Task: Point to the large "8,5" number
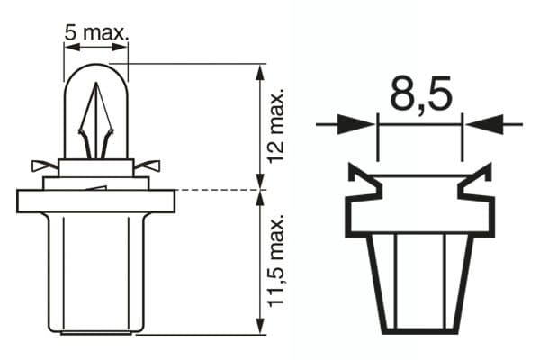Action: click(419, 94)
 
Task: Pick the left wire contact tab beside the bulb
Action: click(43, 166)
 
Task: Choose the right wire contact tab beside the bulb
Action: click(149, 166)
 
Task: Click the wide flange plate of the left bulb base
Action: click(96, 201)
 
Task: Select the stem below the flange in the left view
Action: click(96, 270)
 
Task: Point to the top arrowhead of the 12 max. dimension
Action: click(261, 72)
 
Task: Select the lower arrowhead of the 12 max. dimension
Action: click(261, 182)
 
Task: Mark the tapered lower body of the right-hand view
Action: click(419, 279)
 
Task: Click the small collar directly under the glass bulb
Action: click(96, 166)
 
